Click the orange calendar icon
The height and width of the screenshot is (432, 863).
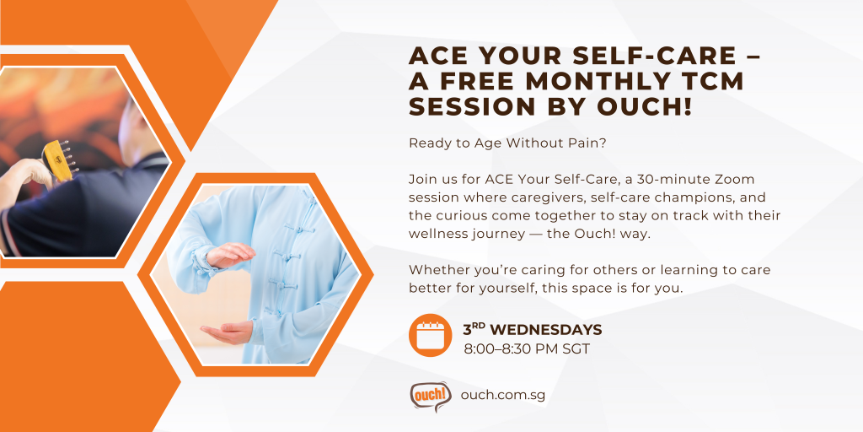click(x=431, y=335)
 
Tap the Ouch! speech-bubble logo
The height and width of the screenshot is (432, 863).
click(x=431, y=397)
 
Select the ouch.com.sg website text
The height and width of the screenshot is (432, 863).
click(x=503, y=395)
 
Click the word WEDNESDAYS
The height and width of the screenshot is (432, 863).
click(x=546, y=330)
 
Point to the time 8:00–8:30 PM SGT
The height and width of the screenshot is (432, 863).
click(x=527, y=348)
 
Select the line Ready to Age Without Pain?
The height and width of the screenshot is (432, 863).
click(x=507, y=143)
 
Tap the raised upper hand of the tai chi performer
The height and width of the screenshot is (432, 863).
click(x=230, y=255)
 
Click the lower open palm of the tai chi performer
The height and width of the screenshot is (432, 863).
click(x=227, y=332)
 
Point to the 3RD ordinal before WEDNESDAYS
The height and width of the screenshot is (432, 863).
click(x=474, y=329)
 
